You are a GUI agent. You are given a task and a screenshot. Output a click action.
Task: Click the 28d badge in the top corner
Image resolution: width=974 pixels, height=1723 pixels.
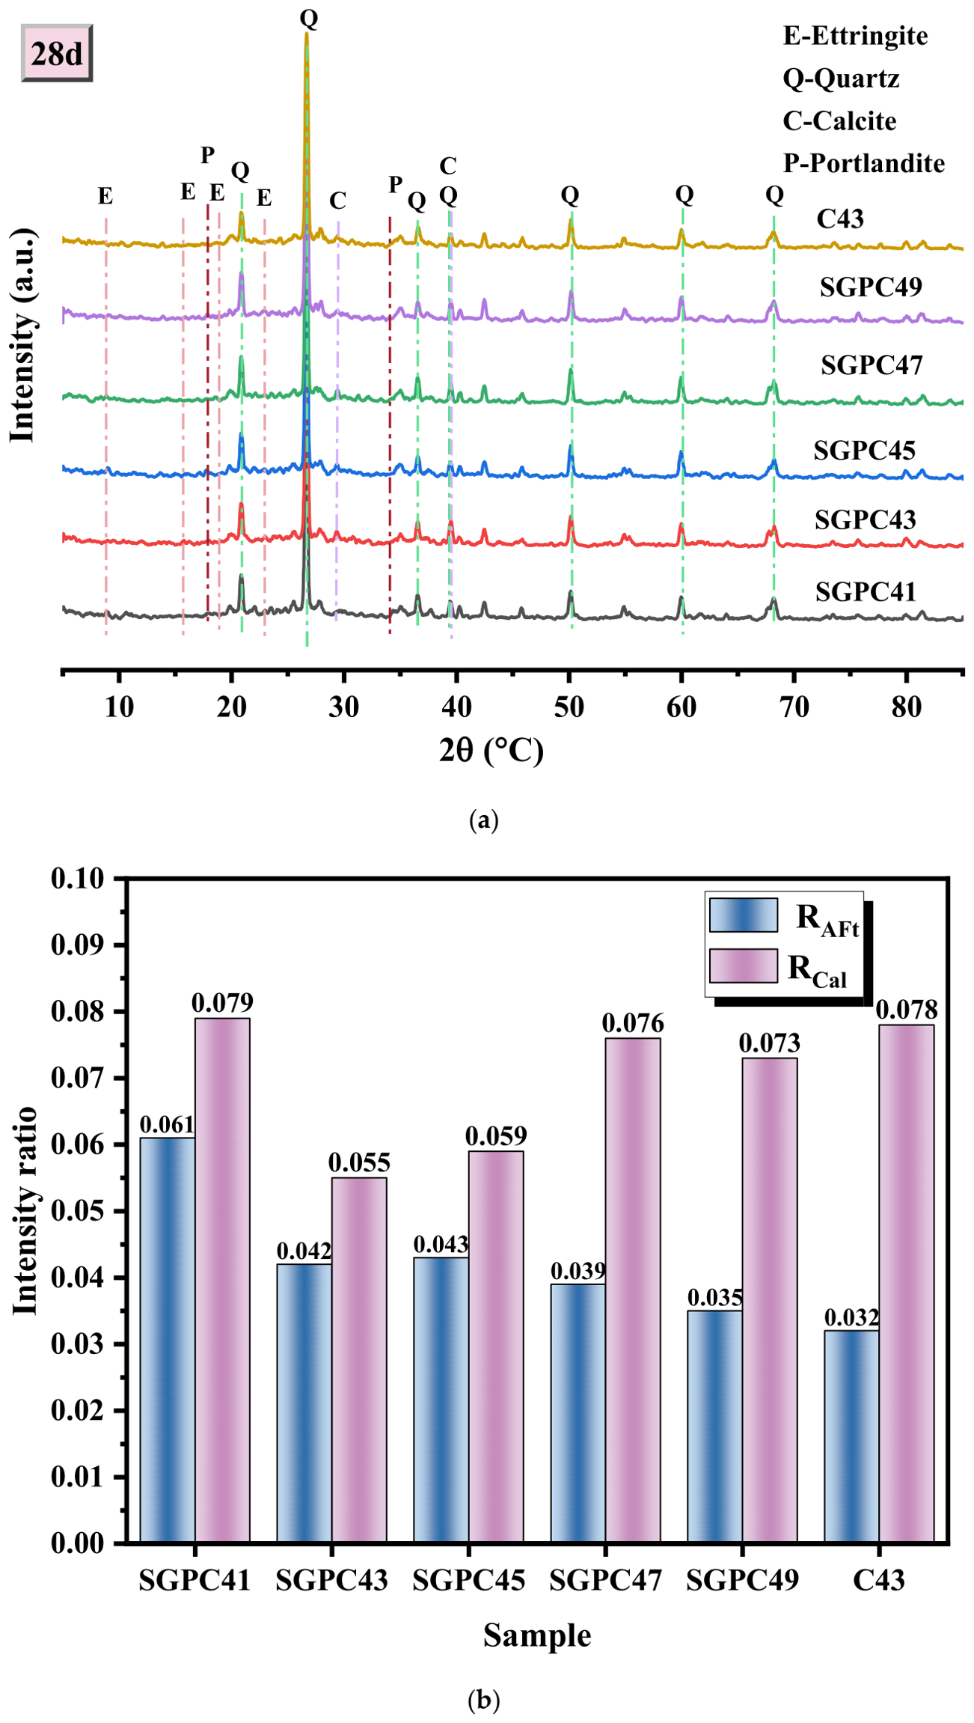(x=57, y=53)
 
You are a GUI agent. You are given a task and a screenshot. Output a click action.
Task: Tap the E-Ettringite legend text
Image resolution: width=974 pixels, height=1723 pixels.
(x=855, y=36)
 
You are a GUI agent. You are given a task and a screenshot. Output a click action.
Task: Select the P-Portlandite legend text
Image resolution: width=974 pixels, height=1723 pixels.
(x=864, y=163)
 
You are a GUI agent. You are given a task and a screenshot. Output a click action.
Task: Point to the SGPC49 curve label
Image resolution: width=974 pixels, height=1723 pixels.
(x=871, y=287)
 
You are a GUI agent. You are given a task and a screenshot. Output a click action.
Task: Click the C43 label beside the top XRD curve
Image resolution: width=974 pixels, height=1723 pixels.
(x=840, y=219)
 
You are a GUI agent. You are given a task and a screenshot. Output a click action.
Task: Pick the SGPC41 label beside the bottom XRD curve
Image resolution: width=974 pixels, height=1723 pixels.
(x=866, y=592)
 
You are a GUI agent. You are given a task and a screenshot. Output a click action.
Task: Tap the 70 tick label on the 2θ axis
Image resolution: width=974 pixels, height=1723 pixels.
(x=794, y=707)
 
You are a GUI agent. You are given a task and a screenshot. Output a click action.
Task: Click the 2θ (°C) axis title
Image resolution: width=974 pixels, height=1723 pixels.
(x=491, y=750)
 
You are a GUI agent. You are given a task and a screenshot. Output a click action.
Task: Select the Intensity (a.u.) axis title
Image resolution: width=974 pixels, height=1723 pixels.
(x=22, y=335)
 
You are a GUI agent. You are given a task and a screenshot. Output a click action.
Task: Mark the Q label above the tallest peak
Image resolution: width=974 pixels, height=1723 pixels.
(x=309, y=18)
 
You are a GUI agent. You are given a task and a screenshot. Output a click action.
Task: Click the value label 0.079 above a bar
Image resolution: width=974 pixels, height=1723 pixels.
(x=222, y=1002)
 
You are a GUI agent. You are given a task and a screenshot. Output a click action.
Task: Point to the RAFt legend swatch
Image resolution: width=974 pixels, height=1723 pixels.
(x=744, y=915)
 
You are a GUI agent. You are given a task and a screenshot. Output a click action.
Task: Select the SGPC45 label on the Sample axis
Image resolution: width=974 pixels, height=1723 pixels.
(x=469, y=1580)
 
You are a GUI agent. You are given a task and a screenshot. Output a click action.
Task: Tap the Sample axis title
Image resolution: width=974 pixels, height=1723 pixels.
(x=537, y=1635)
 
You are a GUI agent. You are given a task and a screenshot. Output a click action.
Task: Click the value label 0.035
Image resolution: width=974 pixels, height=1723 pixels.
(x=715, y=1297)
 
